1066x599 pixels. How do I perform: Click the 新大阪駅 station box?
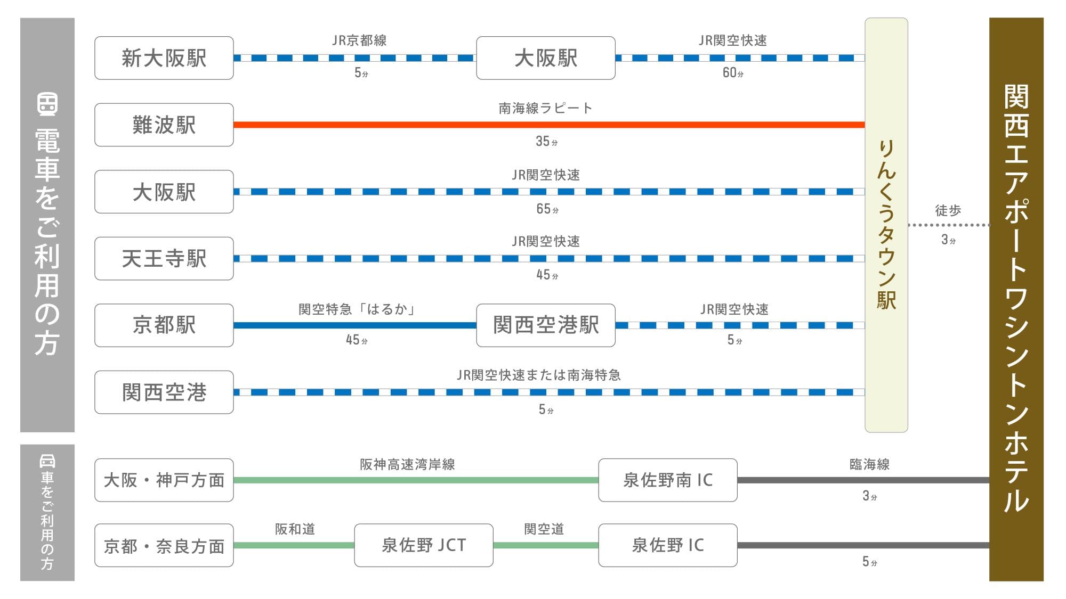pyautogui.click(x=164, y=58)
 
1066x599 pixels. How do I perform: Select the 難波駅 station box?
pyautogui.click(x=164, y=125)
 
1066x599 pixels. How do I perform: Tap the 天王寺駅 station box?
pyautogui.click(x=164, y=258)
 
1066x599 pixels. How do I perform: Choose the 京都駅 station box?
pyautogui.click(x=164, y=325)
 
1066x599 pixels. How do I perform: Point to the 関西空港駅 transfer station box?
pyautogui.click(x=546, y=325)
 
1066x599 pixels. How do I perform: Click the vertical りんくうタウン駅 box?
pyautogui.click(x=886, y=225)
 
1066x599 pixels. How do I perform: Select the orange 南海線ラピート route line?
pyautogui.click(x=549, y=125)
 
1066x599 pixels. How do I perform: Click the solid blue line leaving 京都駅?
pyautogui.click(x=355, y=325)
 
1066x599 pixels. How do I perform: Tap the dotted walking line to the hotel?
pyautogui.click(x=949, y=225)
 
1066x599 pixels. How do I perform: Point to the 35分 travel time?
pyautogui.click(x=546, y=141)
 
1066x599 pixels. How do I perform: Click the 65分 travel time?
pyautogui.click(x=547, y=209)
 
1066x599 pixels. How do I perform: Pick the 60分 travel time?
pyautogui.click(x=733, y=72)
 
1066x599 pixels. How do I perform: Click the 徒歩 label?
pyautogui.click(x=948, y=210)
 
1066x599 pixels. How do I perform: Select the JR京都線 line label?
pyautogui.click(x=359, y=40)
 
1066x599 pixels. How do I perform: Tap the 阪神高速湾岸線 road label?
pyautogui.click(x=407, y=464)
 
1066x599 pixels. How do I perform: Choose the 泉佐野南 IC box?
pyautogui.click(x=668, y=480)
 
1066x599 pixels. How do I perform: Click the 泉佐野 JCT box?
pyautogui.click(x=424, y=545)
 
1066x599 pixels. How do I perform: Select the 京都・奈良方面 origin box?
pyautogui.click(x=164, y=545)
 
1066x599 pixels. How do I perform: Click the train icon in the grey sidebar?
pyautogui.click(x=47, y=104)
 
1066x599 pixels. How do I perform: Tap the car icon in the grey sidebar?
pyautogui.click(x=47, y=461)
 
